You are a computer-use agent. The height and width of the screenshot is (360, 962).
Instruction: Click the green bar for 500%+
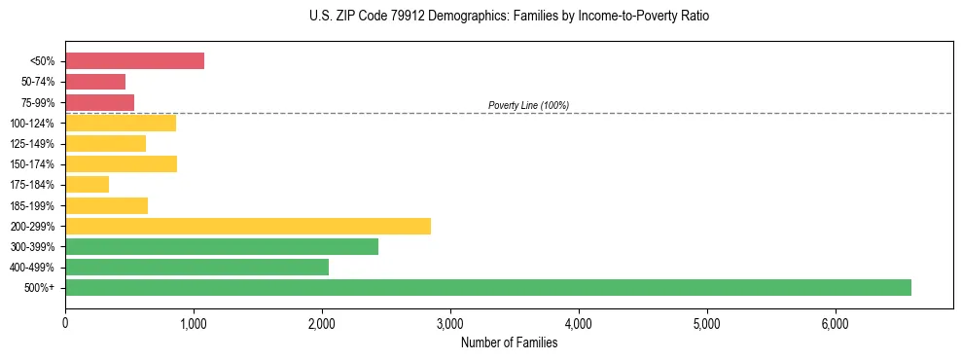[487, 287]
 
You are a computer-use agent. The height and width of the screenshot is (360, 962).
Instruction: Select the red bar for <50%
[134, 61]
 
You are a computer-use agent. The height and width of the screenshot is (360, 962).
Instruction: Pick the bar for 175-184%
[87, 184]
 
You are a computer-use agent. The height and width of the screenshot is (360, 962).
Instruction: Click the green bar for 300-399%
[221, 246]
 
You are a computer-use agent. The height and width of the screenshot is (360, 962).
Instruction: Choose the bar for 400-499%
[196, 267]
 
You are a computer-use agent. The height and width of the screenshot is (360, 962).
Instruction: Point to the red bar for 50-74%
[95, 82]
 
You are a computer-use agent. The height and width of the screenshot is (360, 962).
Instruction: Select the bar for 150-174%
[121, 163]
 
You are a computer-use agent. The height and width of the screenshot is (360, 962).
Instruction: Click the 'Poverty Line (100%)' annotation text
[528, 105]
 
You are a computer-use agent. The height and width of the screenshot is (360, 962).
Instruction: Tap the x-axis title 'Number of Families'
[509, 342]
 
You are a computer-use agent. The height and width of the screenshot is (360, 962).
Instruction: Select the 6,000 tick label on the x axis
[836, 323]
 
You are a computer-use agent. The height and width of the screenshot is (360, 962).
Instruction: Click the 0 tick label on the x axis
[65, 323]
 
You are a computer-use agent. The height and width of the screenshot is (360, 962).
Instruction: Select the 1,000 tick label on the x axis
[194, 323]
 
